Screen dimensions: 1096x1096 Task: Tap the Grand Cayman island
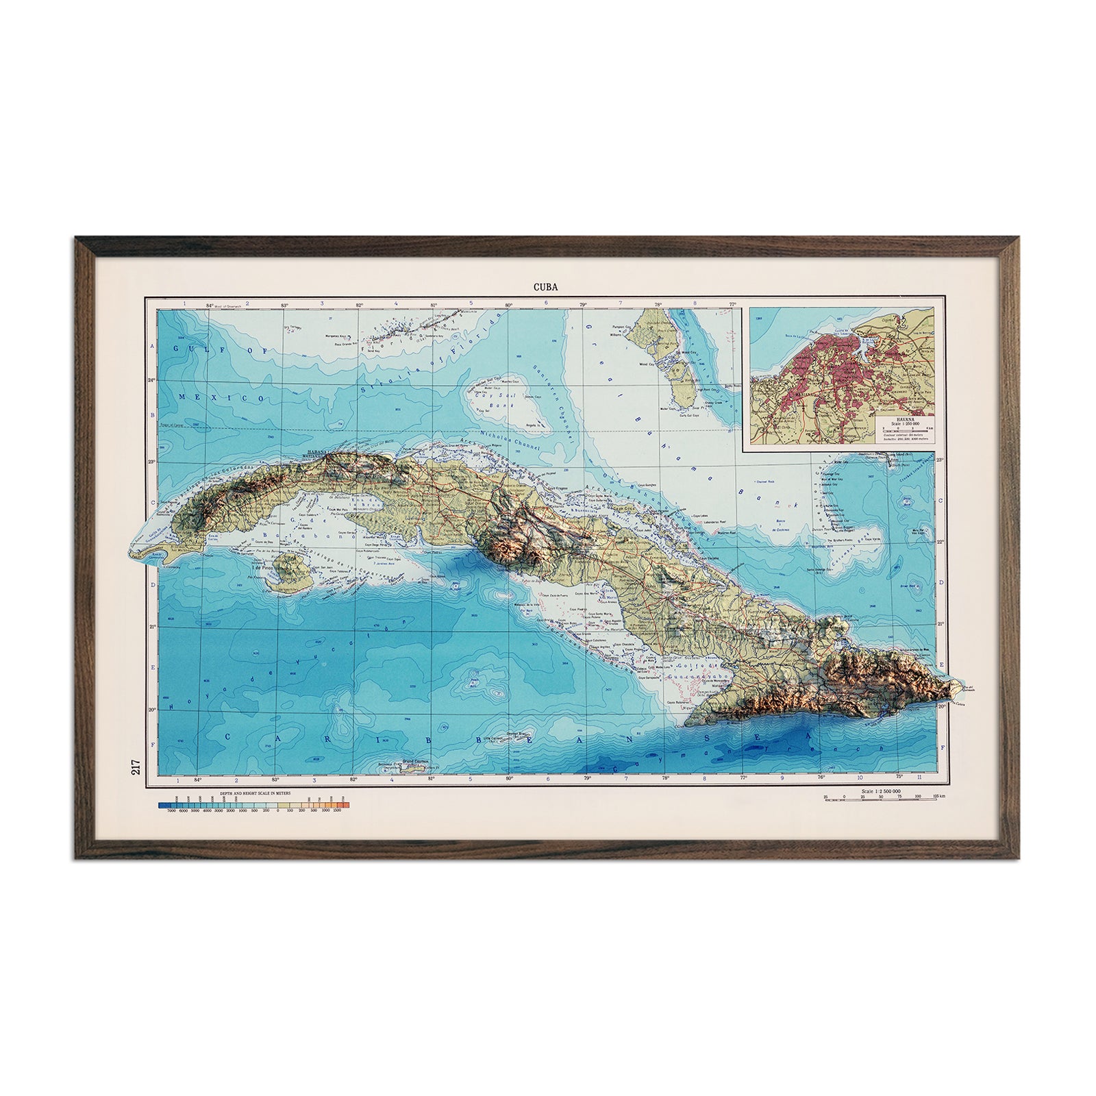(x=413, y=771)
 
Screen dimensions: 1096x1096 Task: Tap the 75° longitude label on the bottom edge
(x=899, y=776)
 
